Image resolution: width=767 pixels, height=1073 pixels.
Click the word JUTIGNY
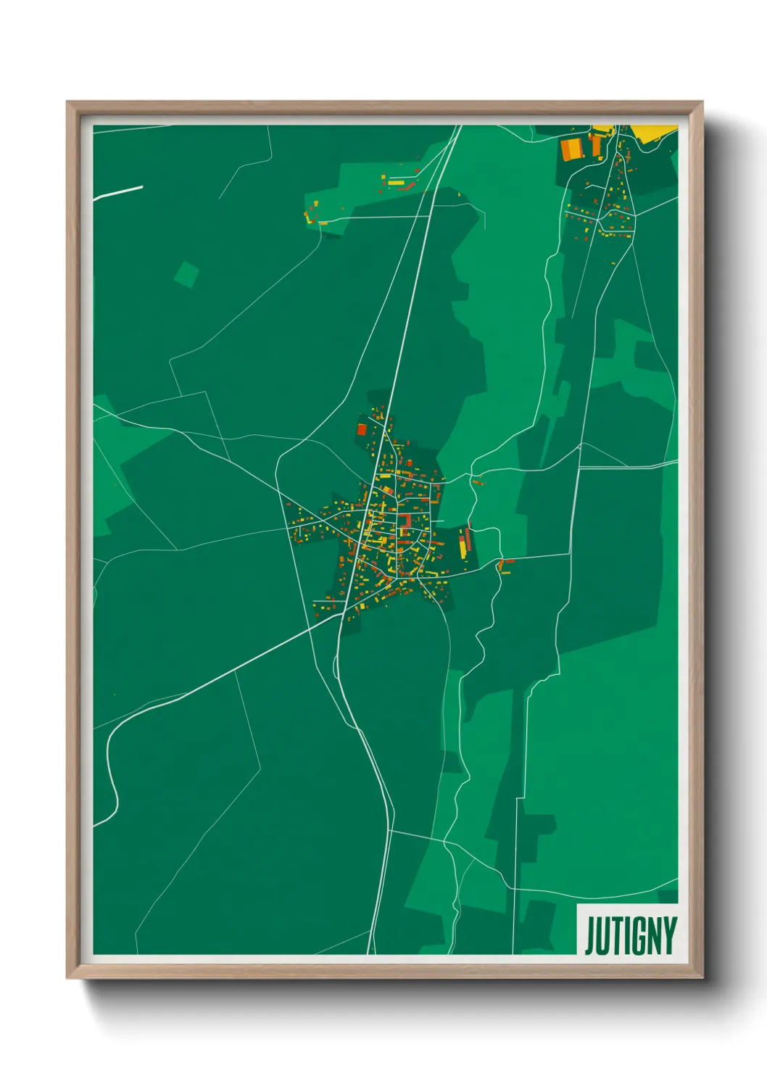tap(630, 935)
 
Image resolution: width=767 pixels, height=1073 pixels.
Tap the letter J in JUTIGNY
tap(590, 936)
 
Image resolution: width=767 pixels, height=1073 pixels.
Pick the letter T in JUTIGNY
tap(615, 935)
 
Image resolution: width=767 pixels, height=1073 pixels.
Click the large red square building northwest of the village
tap(362, 429)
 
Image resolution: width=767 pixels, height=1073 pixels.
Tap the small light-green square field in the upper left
tap(186, 273)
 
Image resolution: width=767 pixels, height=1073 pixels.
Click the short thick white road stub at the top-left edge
tap(118, 191)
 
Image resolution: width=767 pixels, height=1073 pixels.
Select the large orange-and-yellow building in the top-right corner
tap(571, 149)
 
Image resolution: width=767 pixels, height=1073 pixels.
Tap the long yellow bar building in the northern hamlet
tap(396, 183)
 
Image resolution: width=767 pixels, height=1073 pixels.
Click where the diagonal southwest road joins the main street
tap(342, 615)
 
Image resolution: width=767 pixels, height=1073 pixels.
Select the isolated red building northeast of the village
tap(477, 481)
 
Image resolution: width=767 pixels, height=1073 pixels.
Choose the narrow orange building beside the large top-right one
tap(597, 146)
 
